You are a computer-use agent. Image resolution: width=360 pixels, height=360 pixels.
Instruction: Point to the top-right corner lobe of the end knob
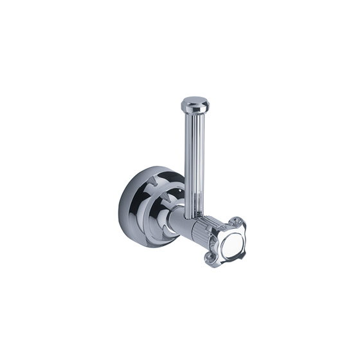239,222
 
